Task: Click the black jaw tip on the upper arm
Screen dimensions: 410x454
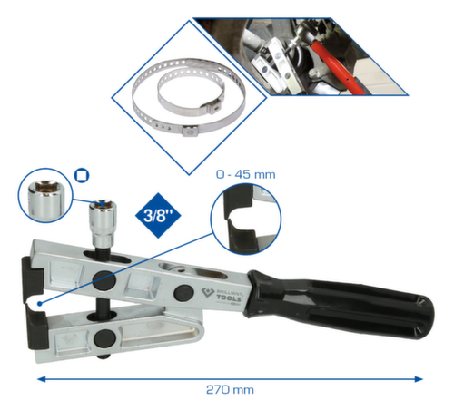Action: coord(28,272)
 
